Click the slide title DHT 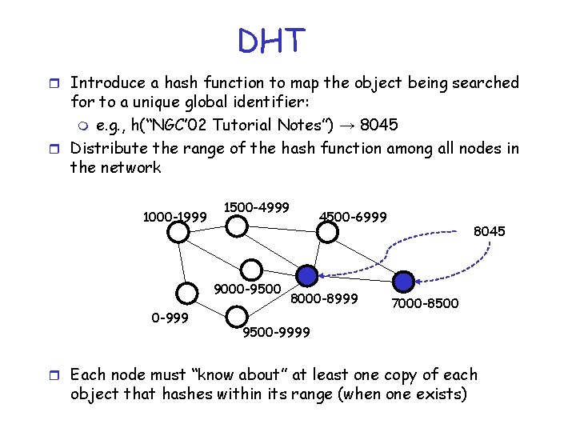(272, 40)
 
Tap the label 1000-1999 (174, 217)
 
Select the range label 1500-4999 (256, 206)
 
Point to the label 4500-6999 (353, 217)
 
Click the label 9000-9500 (248, 289)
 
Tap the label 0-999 (170, 318)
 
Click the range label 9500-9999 (276, 332)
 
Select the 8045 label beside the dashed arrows (490, 232)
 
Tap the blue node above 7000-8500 (404, 281)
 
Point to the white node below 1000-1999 (179, 232)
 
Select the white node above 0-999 (186, 294)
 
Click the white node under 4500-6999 (326, 232)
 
